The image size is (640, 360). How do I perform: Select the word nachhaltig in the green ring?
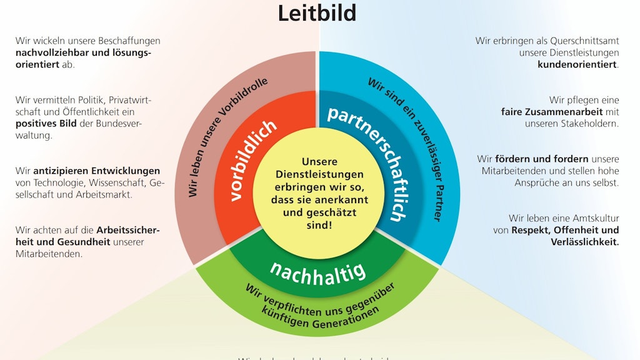[x=317, y=272]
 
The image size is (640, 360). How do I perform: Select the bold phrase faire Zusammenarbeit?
[x=551, y=112]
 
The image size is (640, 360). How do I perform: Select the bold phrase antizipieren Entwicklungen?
[x=96, y=171]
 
